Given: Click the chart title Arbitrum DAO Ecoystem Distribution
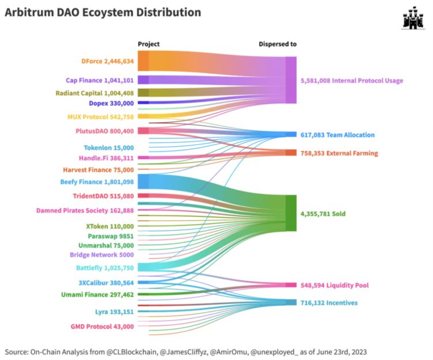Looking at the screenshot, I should [103, 12].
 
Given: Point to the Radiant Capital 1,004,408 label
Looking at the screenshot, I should [95, 93].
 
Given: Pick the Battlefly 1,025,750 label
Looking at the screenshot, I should [104, 268].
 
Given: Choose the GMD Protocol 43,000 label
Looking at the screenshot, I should [102, 327].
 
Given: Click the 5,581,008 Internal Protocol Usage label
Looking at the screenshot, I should [352, 81].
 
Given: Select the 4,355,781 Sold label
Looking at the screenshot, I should [323, 214].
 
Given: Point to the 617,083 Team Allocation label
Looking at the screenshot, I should [338, 135].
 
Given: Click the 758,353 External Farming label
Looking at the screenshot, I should [339, 153].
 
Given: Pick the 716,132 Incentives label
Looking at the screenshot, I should [329, 302].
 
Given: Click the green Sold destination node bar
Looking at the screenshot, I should [291, 213].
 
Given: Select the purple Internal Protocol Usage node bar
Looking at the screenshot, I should [291, 80].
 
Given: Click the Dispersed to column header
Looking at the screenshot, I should [277, 44].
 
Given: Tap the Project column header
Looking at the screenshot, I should [149, 44].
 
